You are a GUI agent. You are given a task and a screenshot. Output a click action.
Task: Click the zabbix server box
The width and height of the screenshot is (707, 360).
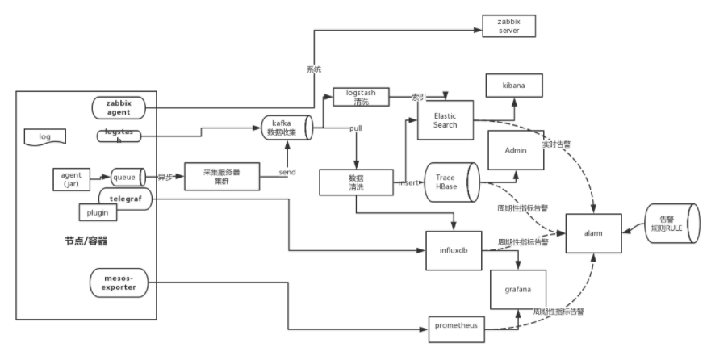(x=507, y=25)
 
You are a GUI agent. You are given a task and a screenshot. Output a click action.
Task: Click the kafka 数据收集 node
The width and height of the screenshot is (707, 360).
(x=287, y=128)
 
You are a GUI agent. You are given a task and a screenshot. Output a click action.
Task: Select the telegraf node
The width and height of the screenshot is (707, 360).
(x=125, y=197)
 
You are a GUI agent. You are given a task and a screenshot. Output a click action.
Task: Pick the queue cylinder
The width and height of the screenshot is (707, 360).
(x=128, y=175)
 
